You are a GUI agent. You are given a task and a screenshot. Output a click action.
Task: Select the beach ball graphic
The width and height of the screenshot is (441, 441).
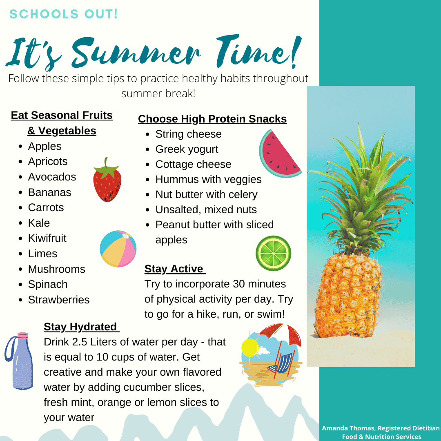click(118, 249)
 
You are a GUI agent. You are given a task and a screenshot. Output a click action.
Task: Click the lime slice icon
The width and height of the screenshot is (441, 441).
click(273, 254)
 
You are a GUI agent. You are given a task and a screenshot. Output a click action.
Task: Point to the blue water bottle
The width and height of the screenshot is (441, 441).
click(20, 361)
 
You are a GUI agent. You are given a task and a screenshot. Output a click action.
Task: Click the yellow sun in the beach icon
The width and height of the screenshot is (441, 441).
click(250, 347)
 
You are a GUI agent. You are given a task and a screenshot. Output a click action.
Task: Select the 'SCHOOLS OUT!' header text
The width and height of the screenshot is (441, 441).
click(64, 14)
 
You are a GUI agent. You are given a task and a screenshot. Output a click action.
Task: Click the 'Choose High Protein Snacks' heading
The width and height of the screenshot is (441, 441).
click(212, 119)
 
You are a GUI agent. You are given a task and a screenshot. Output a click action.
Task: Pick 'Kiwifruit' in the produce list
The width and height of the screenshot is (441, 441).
click(47, 238)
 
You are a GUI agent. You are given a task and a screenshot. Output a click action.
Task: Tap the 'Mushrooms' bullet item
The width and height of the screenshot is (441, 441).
click(56, 269)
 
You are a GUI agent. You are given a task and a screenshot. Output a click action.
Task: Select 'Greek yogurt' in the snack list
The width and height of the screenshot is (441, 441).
click(187, 149)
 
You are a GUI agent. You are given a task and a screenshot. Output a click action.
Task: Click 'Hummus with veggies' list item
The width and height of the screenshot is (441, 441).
click(208, 179)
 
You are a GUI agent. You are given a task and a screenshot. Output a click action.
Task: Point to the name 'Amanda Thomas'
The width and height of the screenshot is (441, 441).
click(348, 428)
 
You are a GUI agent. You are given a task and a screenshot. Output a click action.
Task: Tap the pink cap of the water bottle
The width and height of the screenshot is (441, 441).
click(23, 335)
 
